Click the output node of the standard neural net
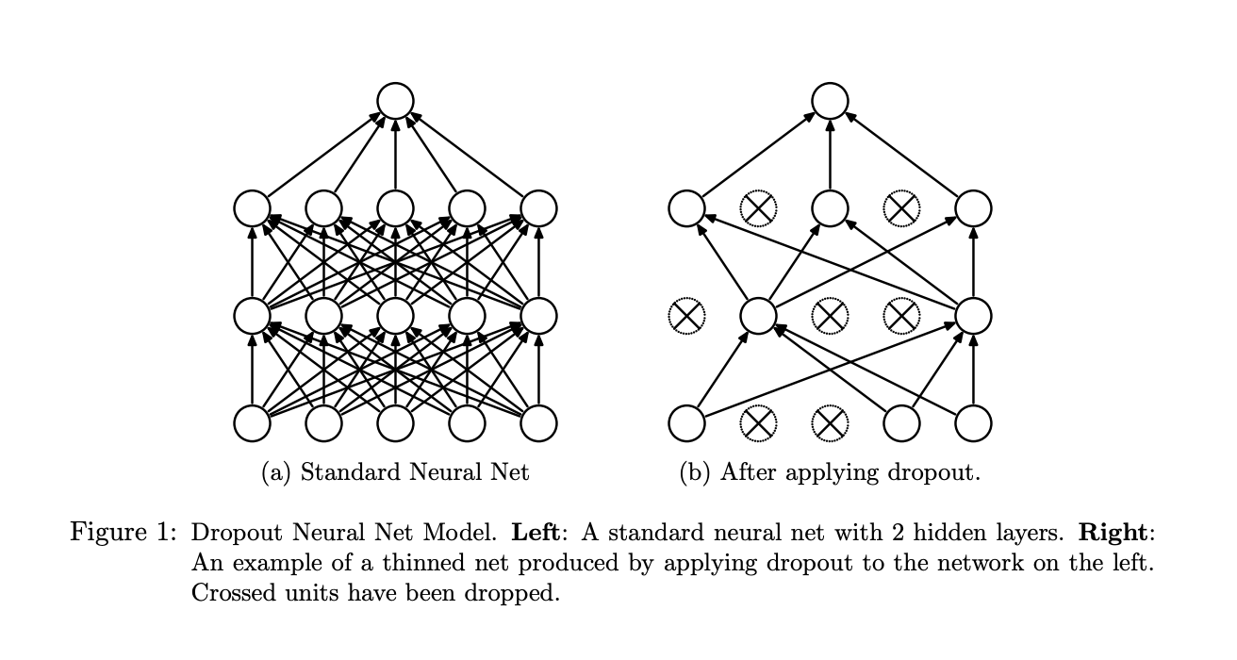[395, 101]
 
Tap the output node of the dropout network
[830, 101]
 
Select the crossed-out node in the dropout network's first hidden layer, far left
[686, 316]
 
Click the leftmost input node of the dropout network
[686, 423]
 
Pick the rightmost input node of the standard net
[538, 423]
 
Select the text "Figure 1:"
[124, 532]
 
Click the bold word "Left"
[536, 532]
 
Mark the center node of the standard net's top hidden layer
[395, 208]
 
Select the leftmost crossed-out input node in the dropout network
[758, 423]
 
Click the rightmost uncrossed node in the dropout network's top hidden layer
[973, 208]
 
